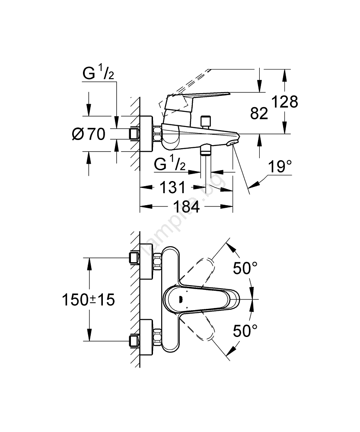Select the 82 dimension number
tap(259, 114)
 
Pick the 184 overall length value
tap(186, 207)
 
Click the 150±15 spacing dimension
tap(88, 300)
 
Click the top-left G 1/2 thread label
tap(99, 74)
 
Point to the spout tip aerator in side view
tap(233, 143)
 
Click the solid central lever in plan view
tap(203, 299)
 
